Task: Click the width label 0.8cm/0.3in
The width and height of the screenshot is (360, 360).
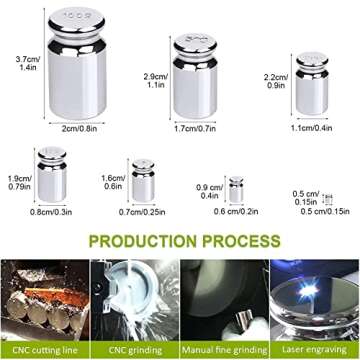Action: pos(55,212)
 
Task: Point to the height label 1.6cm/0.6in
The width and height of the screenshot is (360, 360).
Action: pos(113,181)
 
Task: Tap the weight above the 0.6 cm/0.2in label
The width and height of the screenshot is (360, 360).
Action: pos(236,189)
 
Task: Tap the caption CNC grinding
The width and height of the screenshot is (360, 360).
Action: pos(135,350)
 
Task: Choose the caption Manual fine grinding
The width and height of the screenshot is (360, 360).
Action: pos(225,350)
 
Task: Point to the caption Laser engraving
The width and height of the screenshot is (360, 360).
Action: pos(315,350)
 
